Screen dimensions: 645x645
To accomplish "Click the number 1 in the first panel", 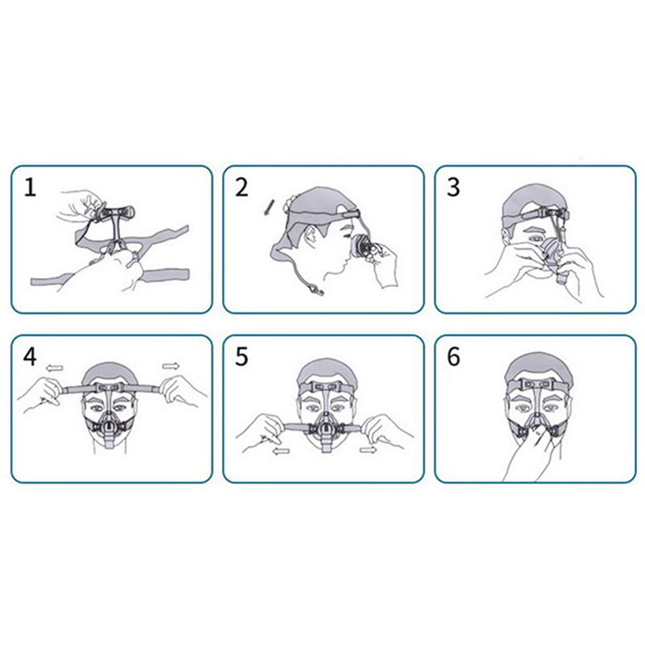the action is pyautogui.click(x=30, y=187).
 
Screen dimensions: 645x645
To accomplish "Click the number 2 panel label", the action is pyautogui.click(x=241, y=187).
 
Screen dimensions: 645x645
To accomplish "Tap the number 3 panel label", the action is pyautogui.click(x=453, y=187).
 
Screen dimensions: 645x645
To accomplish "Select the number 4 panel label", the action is pyautogui.click(x=30, y=356).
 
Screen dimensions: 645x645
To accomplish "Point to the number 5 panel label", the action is pyautogui.click(x=241, y=356).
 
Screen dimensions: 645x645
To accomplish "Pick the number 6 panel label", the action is pyautogui.click(x=453, y=356).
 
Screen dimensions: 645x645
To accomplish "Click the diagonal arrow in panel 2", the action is pyautogui.click(x=268, y=207).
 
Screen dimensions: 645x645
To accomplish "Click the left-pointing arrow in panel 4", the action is pyautogui.click(x=54, y=368).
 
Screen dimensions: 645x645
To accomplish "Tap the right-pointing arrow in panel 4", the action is pyautogui.click(x=171, y=366).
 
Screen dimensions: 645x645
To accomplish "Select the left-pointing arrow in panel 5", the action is pyautogui.click(x=281, y=451).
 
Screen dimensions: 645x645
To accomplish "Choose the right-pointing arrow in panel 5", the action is pyautogui.click(x=368, y=450).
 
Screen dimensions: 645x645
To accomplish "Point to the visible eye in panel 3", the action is pyautogui.click(x=535, y=239).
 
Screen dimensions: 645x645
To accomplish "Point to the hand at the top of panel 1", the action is pyautogui.click(x=80, y=206).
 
